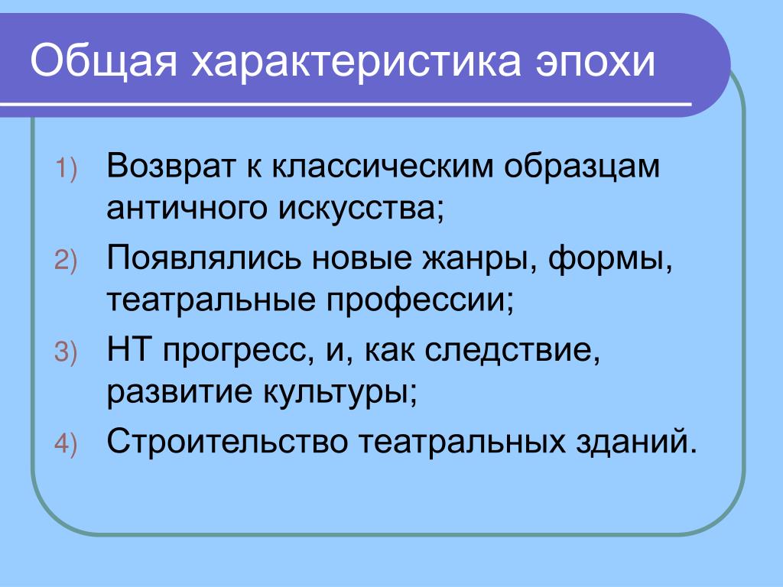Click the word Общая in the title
pyautogui.click(x=104, y=61)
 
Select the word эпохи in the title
pyautogui.click(x=595, y=62)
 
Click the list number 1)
pyautogui.click(x=66, y=168)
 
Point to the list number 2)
pyautogui.click(x=66, y=261)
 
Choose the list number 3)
pyautogui.click(x=66, y=352)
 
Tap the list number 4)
pyautogui.click(x=66, y=444)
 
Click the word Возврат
pyautogui.click(x=170, y=166)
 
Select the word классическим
pyautogui.click(x=383, y=166)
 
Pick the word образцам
pyautogui.click(x=582, y=167)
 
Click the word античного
pyautogui.click(x=187, y=208)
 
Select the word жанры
pyautogui.click(x=478, y=260)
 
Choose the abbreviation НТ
pyautogui.click(x=128, y=349)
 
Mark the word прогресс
pyautogui.click(x=236, y=352)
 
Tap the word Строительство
pyautogui.click(x=227, y=442)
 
